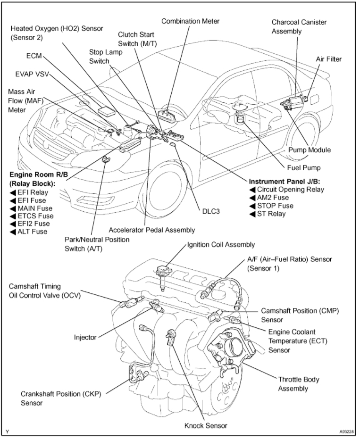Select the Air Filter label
[x=328, y=59]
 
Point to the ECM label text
[x=34, y=56]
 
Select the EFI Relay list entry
[x=33, y=192]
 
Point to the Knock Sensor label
[x=206, y=425]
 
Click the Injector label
[x=85, y=337]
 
